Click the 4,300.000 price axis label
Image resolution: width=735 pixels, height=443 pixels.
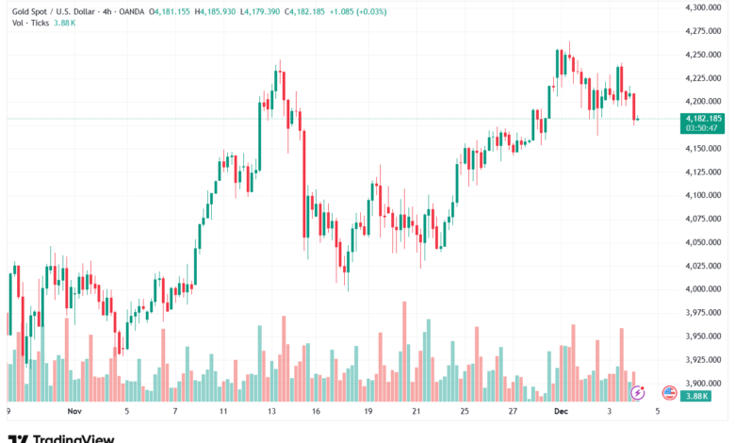(702, 7)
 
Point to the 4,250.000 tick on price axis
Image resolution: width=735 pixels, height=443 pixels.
(702, 54)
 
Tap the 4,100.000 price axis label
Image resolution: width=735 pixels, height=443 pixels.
(702, 195)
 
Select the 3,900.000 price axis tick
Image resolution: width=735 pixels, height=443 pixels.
(702, 384)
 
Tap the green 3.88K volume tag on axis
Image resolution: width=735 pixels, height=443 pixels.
(698, 398)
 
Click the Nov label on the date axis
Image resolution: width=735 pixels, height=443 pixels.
(75, 412)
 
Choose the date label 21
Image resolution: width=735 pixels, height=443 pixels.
(416, 412)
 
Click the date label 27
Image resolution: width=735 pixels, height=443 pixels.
(511, 412)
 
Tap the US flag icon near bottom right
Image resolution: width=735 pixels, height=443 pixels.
(670, 392)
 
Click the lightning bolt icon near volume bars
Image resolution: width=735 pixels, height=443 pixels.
(637, 392)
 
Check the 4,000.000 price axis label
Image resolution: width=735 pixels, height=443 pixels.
(702, 289)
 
